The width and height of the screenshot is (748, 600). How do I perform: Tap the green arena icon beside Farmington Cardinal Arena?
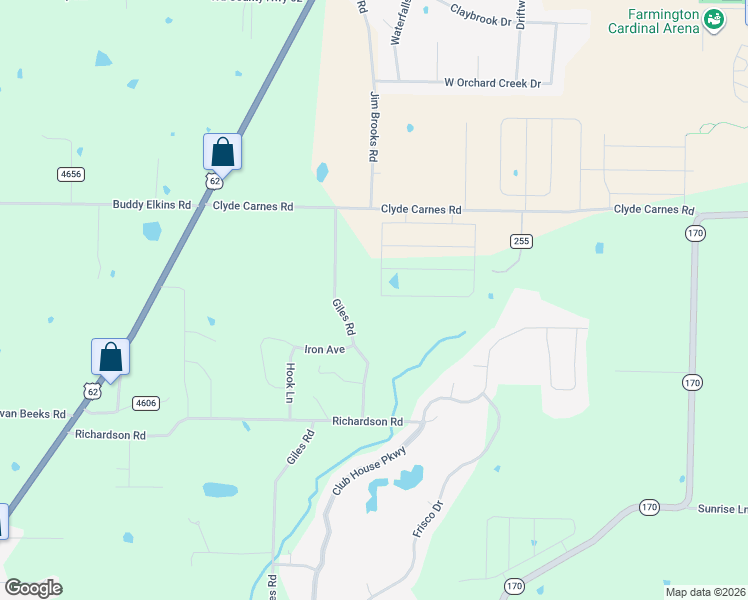pyautogui.click(x=713, y=19)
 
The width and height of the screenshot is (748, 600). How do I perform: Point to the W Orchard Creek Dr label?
pyautogui.click(x=492, y=83)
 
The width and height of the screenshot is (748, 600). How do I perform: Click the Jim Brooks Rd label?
pyautogui.click(x=375, y=127)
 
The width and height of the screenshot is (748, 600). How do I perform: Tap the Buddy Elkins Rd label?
pyautogui.click(x=151, y=205)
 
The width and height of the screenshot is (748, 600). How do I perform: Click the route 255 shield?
pyautogui.click(x=521, y=241)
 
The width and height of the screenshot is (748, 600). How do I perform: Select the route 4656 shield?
pyautogui.click(x=71, y=174)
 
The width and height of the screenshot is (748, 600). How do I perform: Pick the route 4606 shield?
pyautogui.click(x=145, y=403)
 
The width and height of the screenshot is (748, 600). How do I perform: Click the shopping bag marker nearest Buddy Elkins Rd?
pyautogui.click(x=222, y=153)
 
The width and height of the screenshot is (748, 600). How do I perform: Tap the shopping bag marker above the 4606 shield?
pyautogui.click(x=110, y=357)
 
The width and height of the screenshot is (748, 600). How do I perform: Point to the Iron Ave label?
pyautogui.click(x=324, y=350)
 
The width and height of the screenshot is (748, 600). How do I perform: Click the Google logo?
pyautogui.click(x=33, y=588)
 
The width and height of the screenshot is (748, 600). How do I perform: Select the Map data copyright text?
pyautogui.click(x=705, y=592)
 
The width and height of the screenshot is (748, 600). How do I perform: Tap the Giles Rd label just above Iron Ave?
pyautogui.click(x=344, y=316)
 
